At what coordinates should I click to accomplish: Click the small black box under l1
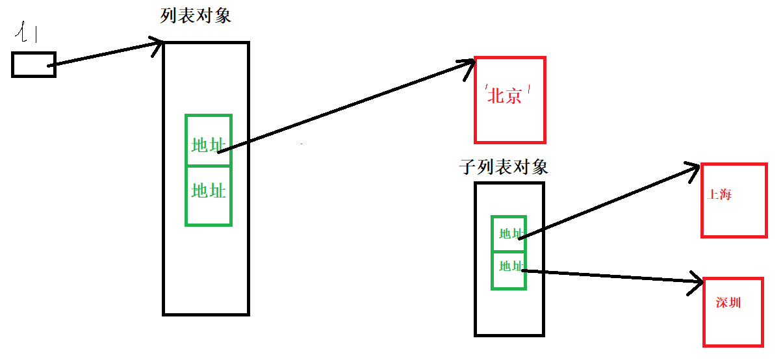pos(33,64)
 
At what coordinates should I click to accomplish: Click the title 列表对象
pos(196,16)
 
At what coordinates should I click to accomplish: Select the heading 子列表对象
pos(504,167)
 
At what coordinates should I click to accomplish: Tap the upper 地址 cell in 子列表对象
pos(509,233)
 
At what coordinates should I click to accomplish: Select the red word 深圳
pos(728,303)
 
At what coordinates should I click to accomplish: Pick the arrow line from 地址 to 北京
pos(344,108)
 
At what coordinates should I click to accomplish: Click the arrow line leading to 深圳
pos(611,276)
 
